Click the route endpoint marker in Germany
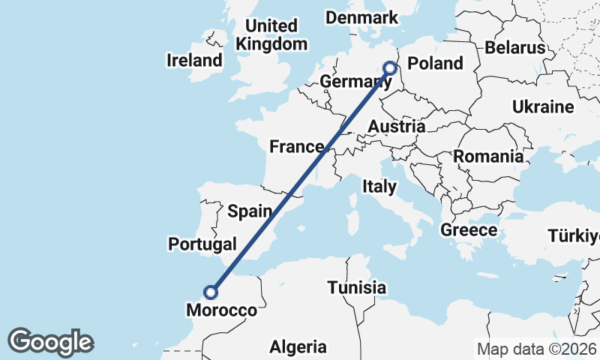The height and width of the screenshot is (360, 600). [x=390, y=67]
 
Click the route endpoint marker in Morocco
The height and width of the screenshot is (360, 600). [x=212, y=292]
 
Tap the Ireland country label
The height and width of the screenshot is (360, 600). [x=195, y=60]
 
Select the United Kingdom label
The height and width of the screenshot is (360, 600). [x=271, y=34]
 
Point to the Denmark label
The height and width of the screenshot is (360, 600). [x=361, y=16]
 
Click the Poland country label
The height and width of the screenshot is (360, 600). [x=435, y=63]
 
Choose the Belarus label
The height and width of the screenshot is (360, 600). [x=514, y=47]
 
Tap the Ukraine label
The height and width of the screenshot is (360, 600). [x=543, y=107]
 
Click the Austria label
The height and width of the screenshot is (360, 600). [x=397, y=126]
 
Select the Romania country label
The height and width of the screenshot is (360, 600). [x=488, y=157]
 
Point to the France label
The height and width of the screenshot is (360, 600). [x=296, y=146]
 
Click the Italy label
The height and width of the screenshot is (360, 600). [x=379, y=185]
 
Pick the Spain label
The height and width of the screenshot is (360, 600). [x=248, y=211]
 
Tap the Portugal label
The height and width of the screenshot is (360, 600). [x=202, y=244]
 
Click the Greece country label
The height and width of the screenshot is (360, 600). [x=469, y=229]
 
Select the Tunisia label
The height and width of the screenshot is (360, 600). [x=356, y=287]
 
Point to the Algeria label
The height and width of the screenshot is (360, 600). [x=298, y=347]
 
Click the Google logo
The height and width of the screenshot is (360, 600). [x=50, y=342]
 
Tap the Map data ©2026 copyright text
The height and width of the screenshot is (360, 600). [x=535, y=349]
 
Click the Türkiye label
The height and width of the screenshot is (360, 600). [x=573, y=237]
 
